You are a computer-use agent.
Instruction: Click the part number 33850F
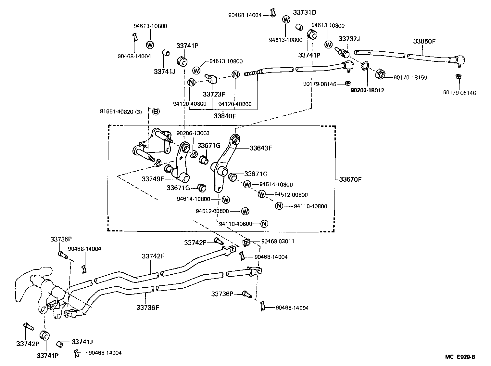point(424,41)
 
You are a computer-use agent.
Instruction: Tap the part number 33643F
point(260,148)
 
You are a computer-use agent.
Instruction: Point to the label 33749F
point(153,179)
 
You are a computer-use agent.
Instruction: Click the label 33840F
point(225,115)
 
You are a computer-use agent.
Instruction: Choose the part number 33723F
point(214,94)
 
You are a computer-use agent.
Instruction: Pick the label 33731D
point(304,13)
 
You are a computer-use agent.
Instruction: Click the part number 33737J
point(349,39)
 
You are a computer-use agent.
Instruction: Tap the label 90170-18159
point(410,78)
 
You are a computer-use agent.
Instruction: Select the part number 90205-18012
point(367,90)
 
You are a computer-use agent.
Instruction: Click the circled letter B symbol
point(156,111)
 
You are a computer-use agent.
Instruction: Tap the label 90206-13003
point(193,133)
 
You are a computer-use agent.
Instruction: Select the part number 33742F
point(153,256)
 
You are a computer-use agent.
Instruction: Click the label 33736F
point(148,307)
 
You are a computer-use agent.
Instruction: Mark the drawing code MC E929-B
point(460,357)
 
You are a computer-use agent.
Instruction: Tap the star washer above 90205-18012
point(365,67)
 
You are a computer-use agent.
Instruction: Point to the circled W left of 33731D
point(286,20)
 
